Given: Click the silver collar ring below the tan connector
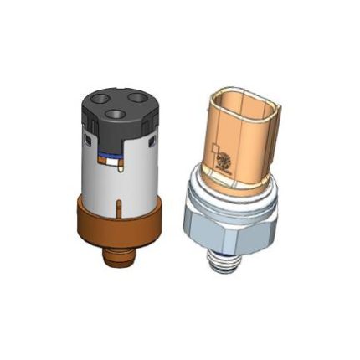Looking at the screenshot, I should point(227,193).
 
